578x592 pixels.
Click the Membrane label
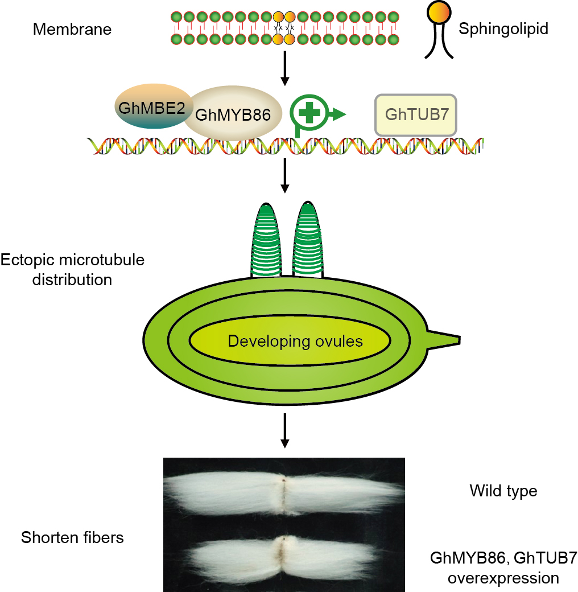coord(72,29)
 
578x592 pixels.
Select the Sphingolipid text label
coord(503,29)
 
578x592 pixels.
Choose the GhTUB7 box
coord(416,115)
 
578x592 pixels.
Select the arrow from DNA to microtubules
coord(286,176)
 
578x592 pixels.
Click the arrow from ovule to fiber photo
coord(286,431)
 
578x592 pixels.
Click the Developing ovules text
coord(295,342)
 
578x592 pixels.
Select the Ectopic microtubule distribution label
coord(72,270)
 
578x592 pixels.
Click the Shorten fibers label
coord(72,537)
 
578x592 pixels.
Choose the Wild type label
coord(503,491)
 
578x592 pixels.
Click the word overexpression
coord(503,578)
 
